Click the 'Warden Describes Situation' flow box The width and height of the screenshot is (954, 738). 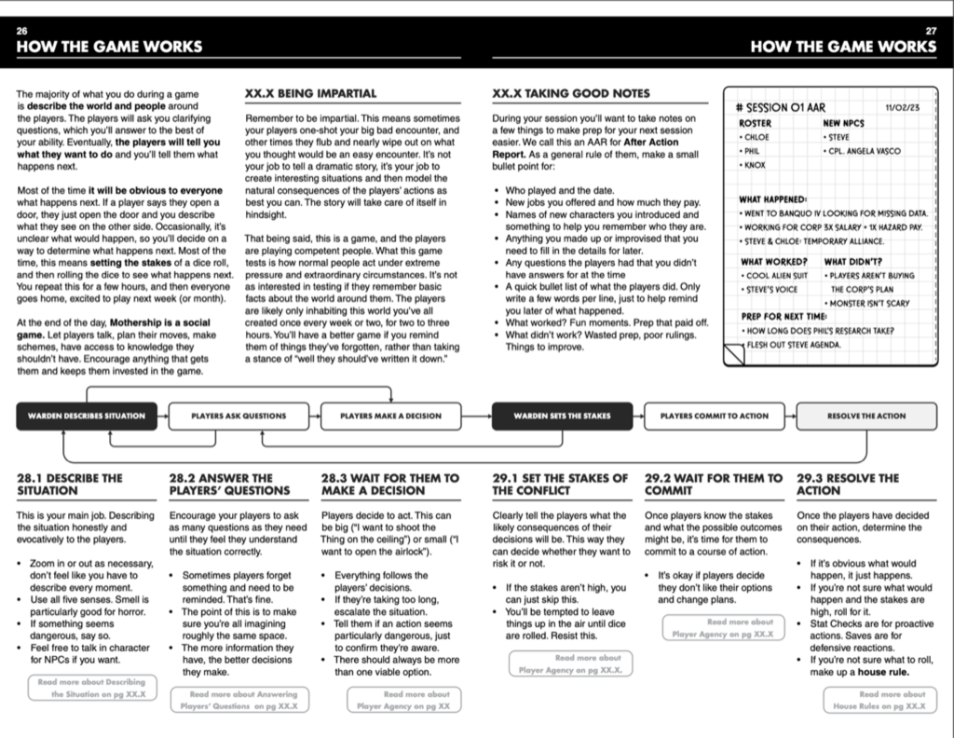click(x=87, y=416)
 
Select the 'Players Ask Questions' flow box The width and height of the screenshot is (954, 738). click(x=238, y=416)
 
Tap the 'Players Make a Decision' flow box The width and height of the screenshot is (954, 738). click(x=391, y=416)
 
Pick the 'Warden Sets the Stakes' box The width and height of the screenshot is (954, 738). click(x=562, y=416)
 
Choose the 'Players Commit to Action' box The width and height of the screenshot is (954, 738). click(x=715, y=416)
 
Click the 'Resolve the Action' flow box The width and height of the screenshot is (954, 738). click(x=866, y=416)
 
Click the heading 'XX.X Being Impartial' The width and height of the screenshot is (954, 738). click(x=310, y=94)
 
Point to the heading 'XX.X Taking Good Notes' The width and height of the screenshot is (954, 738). click(x=571, y=94)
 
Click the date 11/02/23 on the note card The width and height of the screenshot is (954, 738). click(x=903, y=107)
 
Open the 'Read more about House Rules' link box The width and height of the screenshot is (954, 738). click(x=880, y=700)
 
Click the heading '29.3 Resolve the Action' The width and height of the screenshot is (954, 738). click(x=848, y=484)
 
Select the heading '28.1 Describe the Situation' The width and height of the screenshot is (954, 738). click(x=70, y=484)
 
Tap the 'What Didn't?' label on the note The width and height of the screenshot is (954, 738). click(x=852, y=261)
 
